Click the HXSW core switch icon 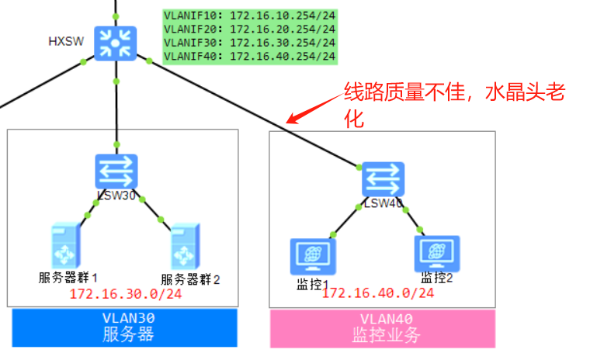pyautogui.click(x=116, y=43)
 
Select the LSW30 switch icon pyautogui.click(x=116, y=171)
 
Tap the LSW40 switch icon pyautogui.click(x=383, y=179)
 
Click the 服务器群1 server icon pyautogui.click(x=64, y=245)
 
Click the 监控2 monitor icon pyautogui.click(x=437, y=253)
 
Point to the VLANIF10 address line pyautogui.click(x=249, y=15)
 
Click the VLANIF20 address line pyautogui.click(x=249, y=29)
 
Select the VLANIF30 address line pyautogui.click(x=249, y=43)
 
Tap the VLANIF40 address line pyautogui.click(x=249, y=56)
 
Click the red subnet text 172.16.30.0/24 pyautogui.click(x=126, y=293)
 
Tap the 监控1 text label pyautogui.click(x=314, y=283)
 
